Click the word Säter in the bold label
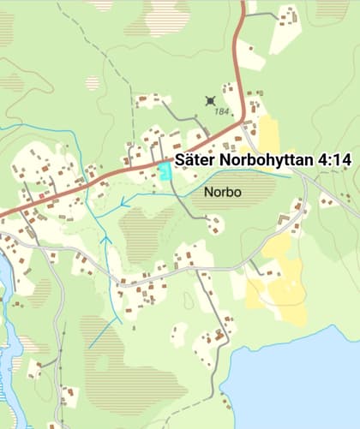[x=195, y=159]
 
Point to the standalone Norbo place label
[x=224, y=193]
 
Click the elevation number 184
[x=222, y=111]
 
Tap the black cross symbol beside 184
[x=211, y=101]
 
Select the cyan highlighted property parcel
[x=164, y=170]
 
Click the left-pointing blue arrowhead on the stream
[x=125, y=204]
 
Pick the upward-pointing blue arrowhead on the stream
[x=106, y=241]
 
